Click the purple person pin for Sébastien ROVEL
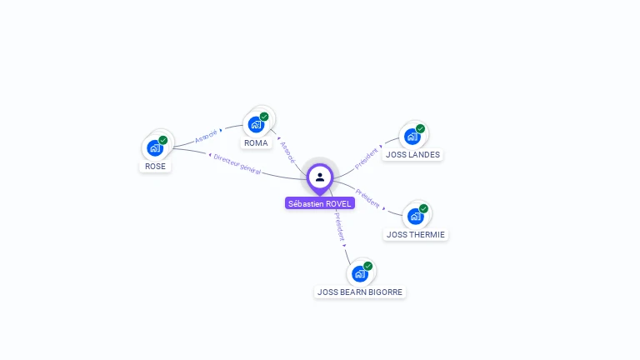(320, 177)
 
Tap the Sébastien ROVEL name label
(320, 203)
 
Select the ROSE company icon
(154, 148)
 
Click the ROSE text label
(156, 166)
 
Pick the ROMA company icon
(256, 124)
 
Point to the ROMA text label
(257, 142)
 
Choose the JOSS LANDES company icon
(412, 136)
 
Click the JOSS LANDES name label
(413, 154)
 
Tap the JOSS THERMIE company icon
(415, 216)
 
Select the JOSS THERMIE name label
(416, 234)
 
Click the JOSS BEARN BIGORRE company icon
(359, 273)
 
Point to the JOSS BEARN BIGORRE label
(361, 292)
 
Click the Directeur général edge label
(237, 163)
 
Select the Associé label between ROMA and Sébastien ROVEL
(287, 152)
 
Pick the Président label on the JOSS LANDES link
(367, 157)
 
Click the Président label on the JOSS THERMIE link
(367, 197)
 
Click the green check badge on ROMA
(264, 117)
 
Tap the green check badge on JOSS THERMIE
(423, 208)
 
